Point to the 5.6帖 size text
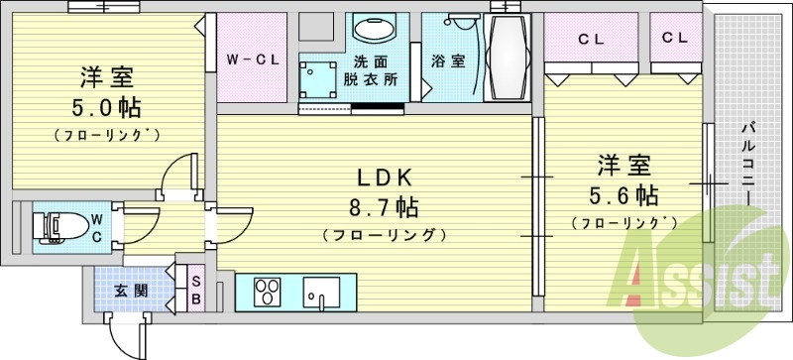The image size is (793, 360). [x=623, y=193]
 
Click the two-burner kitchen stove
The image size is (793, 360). [x=269, y=293]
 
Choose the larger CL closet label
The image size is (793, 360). [x=592, y=40]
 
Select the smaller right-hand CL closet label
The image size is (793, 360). [x=675, y=38]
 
